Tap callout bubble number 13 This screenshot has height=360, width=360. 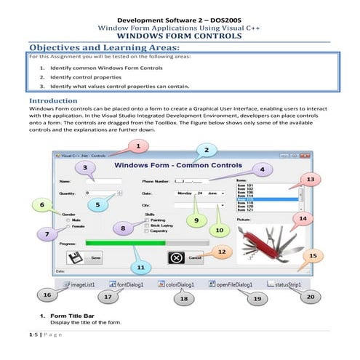[311, 179]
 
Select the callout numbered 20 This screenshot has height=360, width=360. [311, 297]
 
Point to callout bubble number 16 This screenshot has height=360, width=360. [47, 296]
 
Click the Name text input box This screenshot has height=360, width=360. [100, 180]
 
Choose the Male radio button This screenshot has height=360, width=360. [69, 220]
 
